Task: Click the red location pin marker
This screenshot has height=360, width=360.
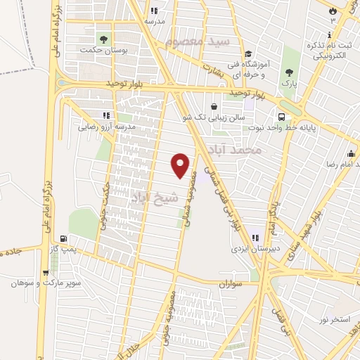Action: click(x=181, y=165)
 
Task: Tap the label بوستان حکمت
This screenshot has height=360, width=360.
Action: click(x=103, y=51)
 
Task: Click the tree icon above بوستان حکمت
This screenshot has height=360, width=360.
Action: click(x=103, y=39)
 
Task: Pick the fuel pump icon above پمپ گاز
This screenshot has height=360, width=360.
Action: click(x=65, y=240)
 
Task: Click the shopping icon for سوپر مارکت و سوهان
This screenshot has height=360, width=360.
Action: click(x=46, y=273)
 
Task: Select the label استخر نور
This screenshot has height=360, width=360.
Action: click(x=333, y=320)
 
